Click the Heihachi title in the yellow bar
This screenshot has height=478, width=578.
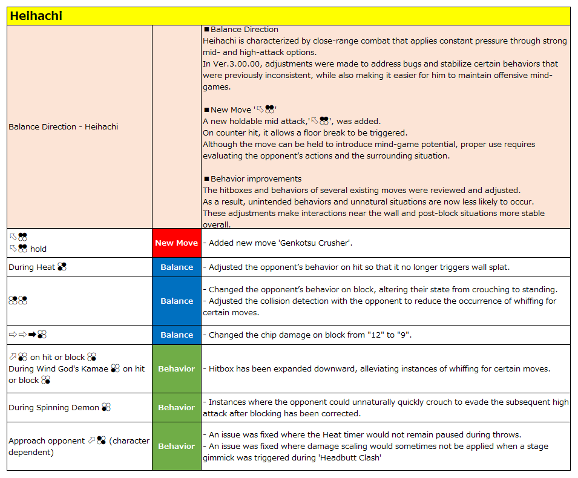(x=36, y=16)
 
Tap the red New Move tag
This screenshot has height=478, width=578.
(x=177, y=243)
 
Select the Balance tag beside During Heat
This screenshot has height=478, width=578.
(x=177, y=267)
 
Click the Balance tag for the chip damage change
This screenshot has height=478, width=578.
(x=177, y=335)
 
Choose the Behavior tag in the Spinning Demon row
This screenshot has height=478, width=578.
(x=177, y=407)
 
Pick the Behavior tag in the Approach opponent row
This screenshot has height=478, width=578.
(x=177, y=446)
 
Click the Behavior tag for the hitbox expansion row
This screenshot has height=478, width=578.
(x=177, y=368)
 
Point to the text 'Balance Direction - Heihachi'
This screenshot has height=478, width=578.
(x=64, y=126)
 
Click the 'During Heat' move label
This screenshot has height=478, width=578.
(x=32, y=267)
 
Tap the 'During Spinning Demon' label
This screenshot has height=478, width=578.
(x=54, y=407)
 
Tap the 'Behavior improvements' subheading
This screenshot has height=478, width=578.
(x=256, y=178)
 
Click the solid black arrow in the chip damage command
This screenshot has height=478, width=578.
(x=32, y=335)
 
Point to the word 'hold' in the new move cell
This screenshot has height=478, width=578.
(x=38, y=249)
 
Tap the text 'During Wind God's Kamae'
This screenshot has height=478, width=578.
(x=58, y=368)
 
